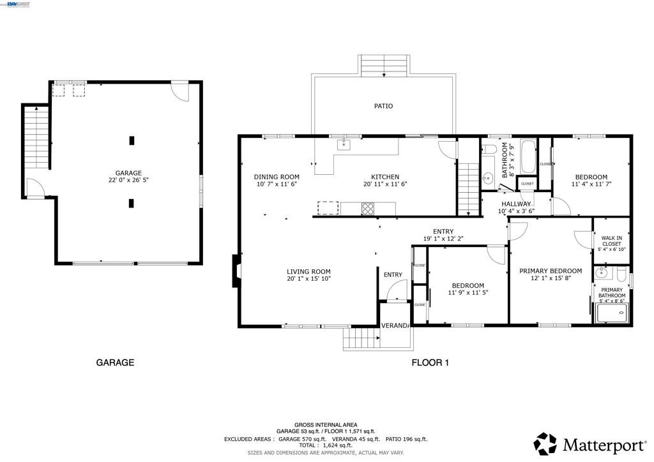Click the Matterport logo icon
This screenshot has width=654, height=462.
tap(545, 443)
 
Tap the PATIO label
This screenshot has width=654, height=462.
tap(383, 106)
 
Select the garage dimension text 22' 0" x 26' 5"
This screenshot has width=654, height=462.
tap(128, 181)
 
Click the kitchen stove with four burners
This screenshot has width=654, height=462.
tap(369, 208)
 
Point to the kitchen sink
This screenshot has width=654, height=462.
tap(345, 144)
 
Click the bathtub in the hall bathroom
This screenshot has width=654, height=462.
tap(528, 158)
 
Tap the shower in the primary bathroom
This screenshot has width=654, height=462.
tap(612, 312)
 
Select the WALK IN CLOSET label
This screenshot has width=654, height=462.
tap(611, 243)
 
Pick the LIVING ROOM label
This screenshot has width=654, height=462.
tap(308, 271)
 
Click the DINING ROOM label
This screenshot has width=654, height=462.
tap(276, 177)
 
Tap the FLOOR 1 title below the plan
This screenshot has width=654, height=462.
tap(430, 362)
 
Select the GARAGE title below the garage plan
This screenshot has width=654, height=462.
tap(115, 362)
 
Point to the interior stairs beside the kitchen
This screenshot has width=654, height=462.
tap(468, 188)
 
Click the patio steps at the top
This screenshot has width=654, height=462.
tap(384, 65)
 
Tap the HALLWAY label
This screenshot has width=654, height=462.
tap(516, 204)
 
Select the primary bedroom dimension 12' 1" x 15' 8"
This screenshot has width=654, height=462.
tap(550, 278)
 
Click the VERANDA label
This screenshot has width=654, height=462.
tap(395, 325)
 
